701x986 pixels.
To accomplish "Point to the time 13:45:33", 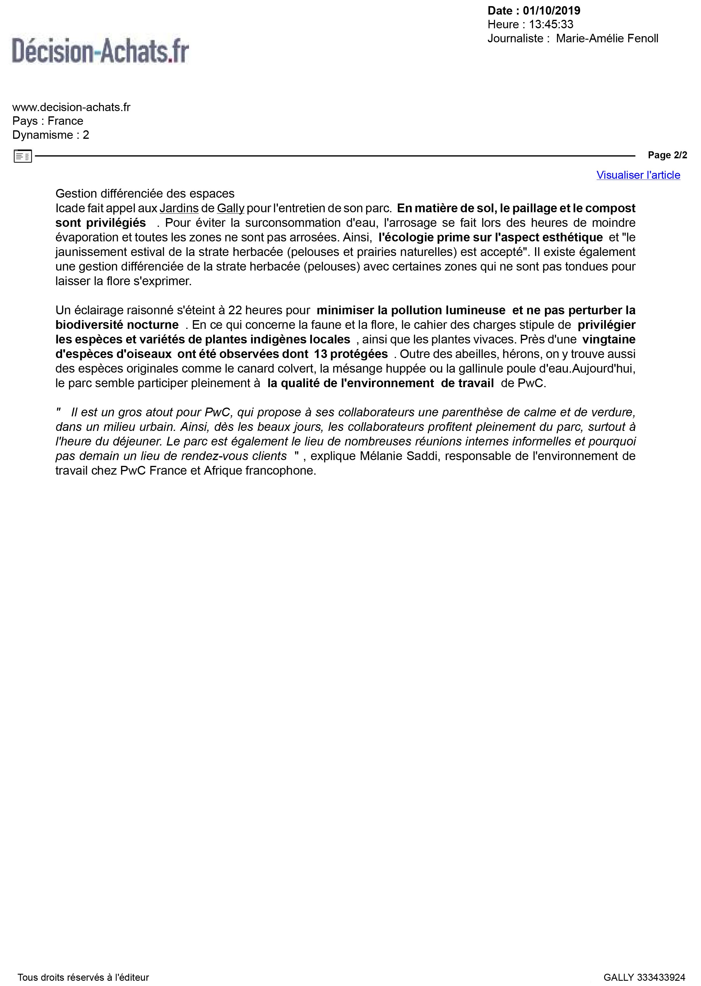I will [551, 24].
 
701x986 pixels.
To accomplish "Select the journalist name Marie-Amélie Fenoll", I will [607, 38].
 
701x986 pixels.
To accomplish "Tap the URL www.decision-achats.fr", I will [71, 107].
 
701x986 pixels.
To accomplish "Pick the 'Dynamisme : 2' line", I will [50, 135].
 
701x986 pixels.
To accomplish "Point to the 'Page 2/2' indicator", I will [667, 155].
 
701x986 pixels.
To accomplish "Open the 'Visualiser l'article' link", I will [638, 175].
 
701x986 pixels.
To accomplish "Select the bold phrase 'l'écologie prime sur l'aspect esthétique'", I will [490, 237].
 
